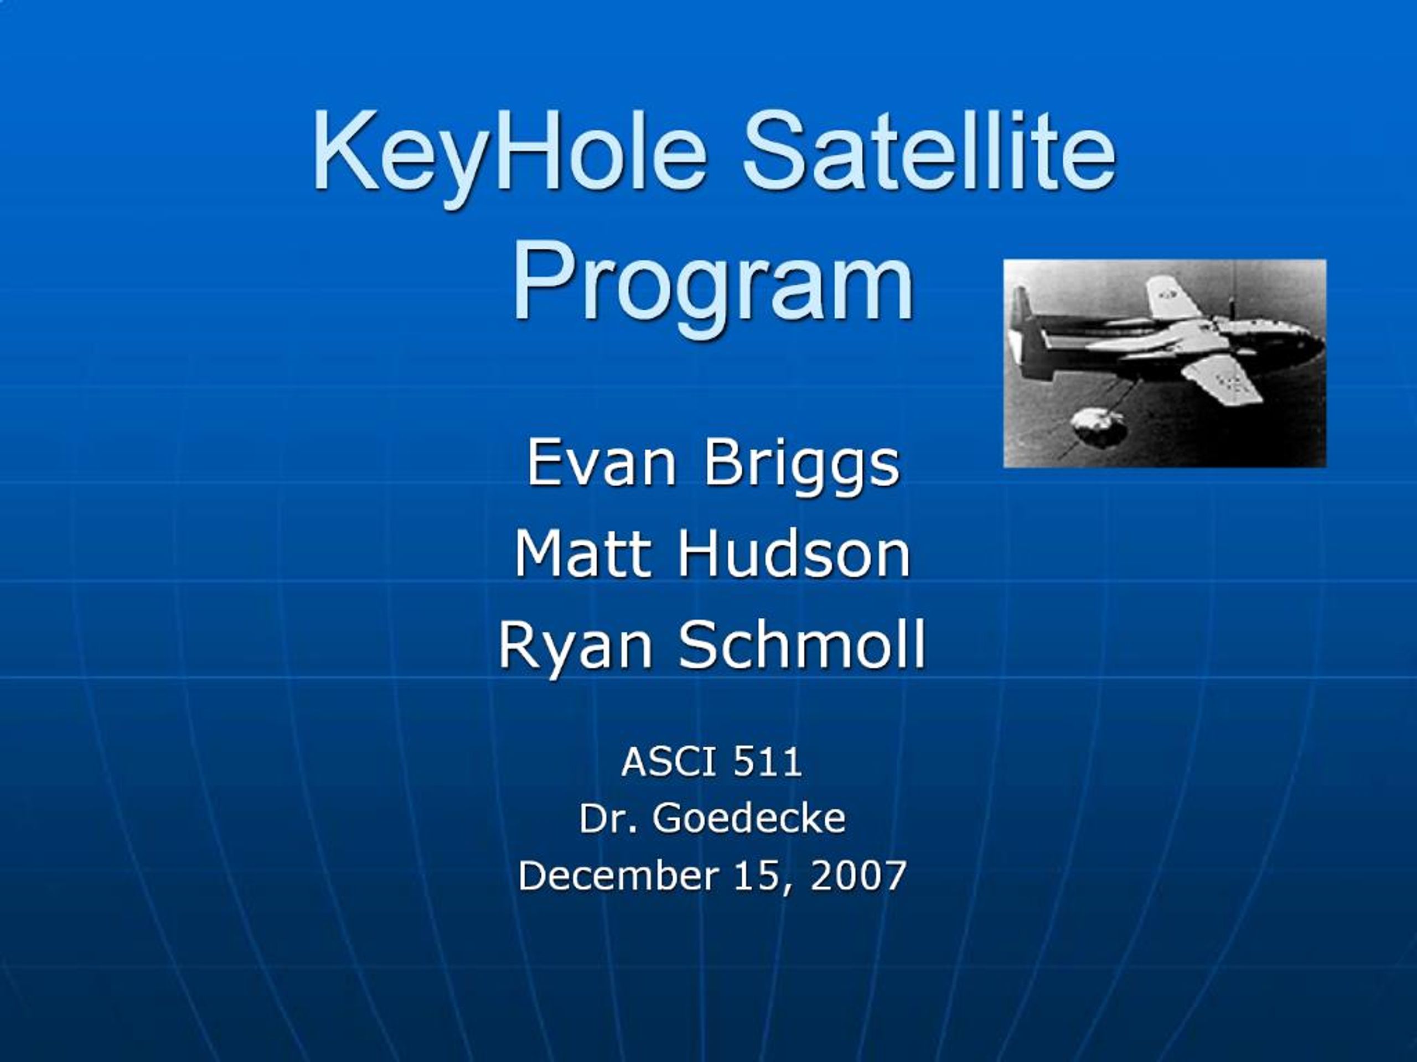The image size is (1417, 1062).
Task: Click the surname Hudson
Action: click(x=794, y=554)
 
